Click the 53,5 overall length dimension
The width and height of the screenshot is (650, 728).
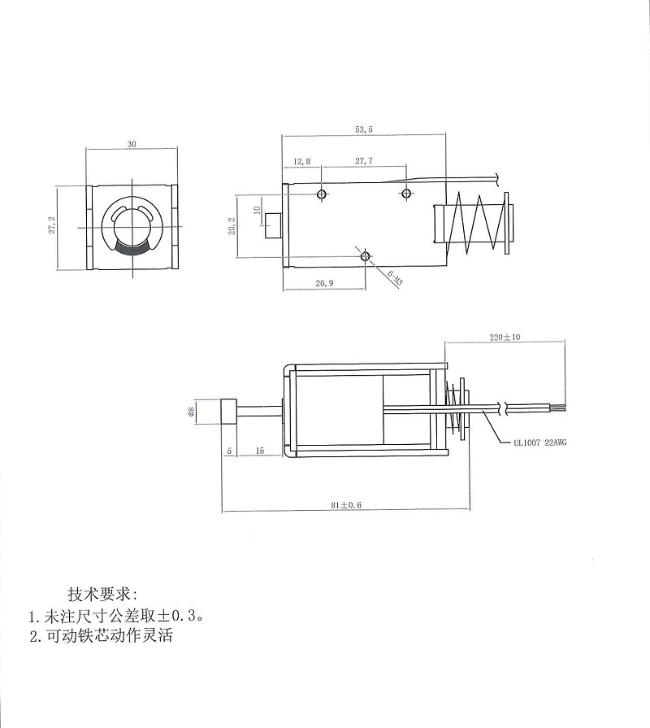(364, 129)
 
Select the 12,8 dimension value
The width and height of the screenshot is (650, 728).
(302, 162)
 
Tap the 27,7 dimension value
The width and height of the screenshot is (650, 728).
(364, 162)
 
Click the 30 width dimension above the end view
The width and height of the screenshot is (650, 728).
(132, 143)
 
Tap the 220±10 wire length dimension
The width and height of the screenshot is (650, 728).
(505, 336)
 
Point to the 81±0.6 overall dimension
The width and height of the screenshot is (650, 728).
(346, 505)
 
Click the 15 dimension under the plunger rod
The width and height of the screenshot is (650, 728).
(260, 450)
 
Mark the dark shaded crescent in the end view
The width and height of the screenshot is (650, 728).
(132, 248)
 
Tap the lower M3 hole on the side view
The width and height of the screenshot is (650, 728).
(365, 256)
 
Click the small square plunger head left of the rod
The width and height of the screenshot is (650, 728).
(228, 410)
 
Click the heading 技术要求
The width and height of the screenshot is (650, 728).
(103, 592)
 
